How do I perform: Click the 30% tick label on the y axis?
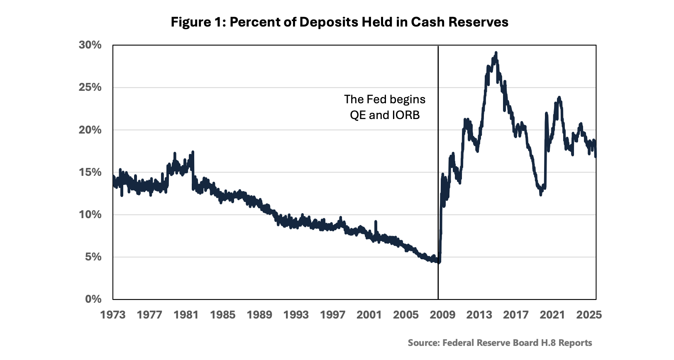(90, 45)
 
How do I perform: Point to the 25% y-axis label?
(90, 87)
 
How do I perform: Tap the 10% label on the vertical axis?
(90, 214)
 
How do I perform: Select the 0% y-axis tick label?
(93, 299)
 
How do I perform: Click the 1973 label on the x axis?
(113, 315)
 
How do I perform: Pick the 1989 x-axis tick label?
(259, 315)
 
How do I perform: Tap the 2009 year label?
(442, 315)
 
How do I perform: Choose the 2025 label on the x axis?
(589, 315)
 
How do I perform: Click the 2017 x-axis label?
(516, 315)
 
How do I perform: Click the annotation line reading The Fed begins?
(385, 100)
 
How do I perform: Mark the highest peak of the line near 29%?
(496, 53)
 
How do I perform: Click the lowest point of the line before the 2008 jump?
(439, 263)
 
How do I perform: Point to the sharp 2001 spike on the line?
(376, 222)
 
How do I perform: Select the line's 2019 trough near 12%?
(541, 195)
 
